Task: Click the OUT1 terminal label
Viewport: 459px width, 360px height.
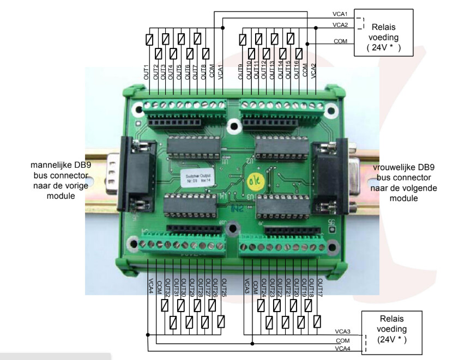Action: tap(146, 73)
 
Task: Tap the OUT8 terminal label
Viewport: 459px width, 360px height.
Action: tap(204, 73)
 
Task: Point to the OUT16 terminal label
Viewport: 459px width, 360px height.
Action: tap(297, 71)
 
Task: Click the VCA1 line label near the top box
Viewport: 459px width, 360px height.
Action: tap(340, 13)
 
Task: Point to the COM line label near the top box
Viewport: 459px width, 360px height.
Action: tap(340, 40)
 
